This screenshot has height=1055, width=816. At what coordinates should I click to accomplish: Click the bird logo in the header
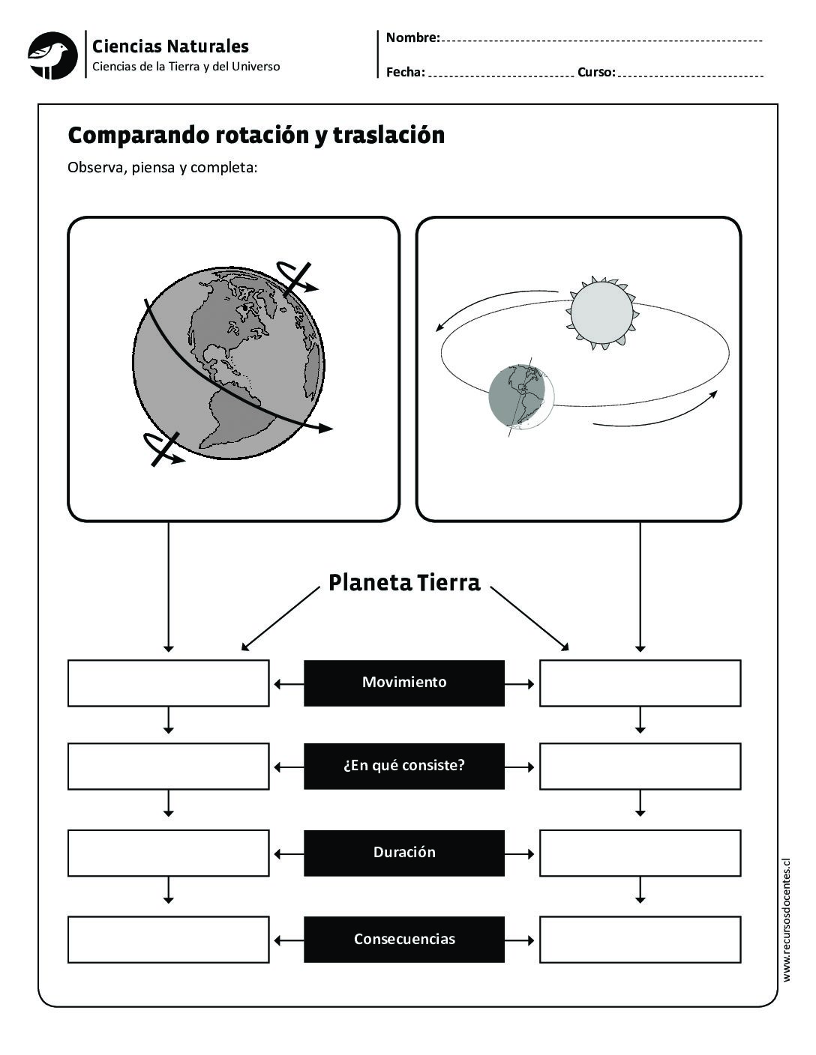[52, 55]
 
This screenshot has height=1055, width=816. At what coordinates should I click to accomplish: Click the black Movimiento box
[403, 683]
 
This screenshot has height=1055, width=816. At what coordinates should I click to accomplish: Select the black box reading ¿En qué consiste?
[403, 766]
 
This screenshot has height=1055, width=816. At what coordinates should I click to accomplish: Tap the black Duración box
[403, 853]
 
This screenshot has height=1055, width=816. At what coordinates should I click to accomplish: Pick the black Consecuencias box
[403, 939]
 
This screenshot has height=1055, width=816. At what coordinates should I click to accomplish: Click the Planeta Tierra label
[404, 583]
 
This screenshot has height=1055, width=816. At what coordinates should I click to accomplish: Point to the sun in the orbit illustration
[602, 313]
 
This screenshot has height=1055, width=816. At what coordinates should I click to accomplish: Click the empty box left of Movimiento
[168, 683]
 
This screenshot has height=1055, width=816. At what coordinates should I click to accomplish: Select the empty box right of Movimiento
[640, 683]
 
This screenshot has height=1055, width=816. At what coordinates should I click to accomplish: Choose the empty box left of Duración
[168, 853]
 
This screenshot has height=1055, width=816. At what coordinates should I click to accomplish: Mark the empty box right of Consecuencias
[640, 939]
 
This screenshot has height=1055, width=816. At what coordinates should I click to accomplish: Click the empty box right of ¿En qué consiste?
[640, 766]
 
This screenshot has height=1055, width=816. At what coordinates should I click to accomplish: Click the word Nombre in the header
[412, 37]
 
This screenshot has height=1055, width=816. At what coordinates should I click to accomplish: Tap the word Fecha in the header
[405, 72]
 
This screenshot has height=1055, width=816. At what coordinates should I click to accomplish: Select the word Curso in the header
[596, 72]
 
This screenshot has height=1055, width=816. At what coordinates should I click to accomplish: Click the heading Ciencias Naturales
[170, 46]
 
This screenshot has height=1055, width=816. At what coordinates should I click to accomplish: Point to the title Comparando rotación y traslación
[256, 136]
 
